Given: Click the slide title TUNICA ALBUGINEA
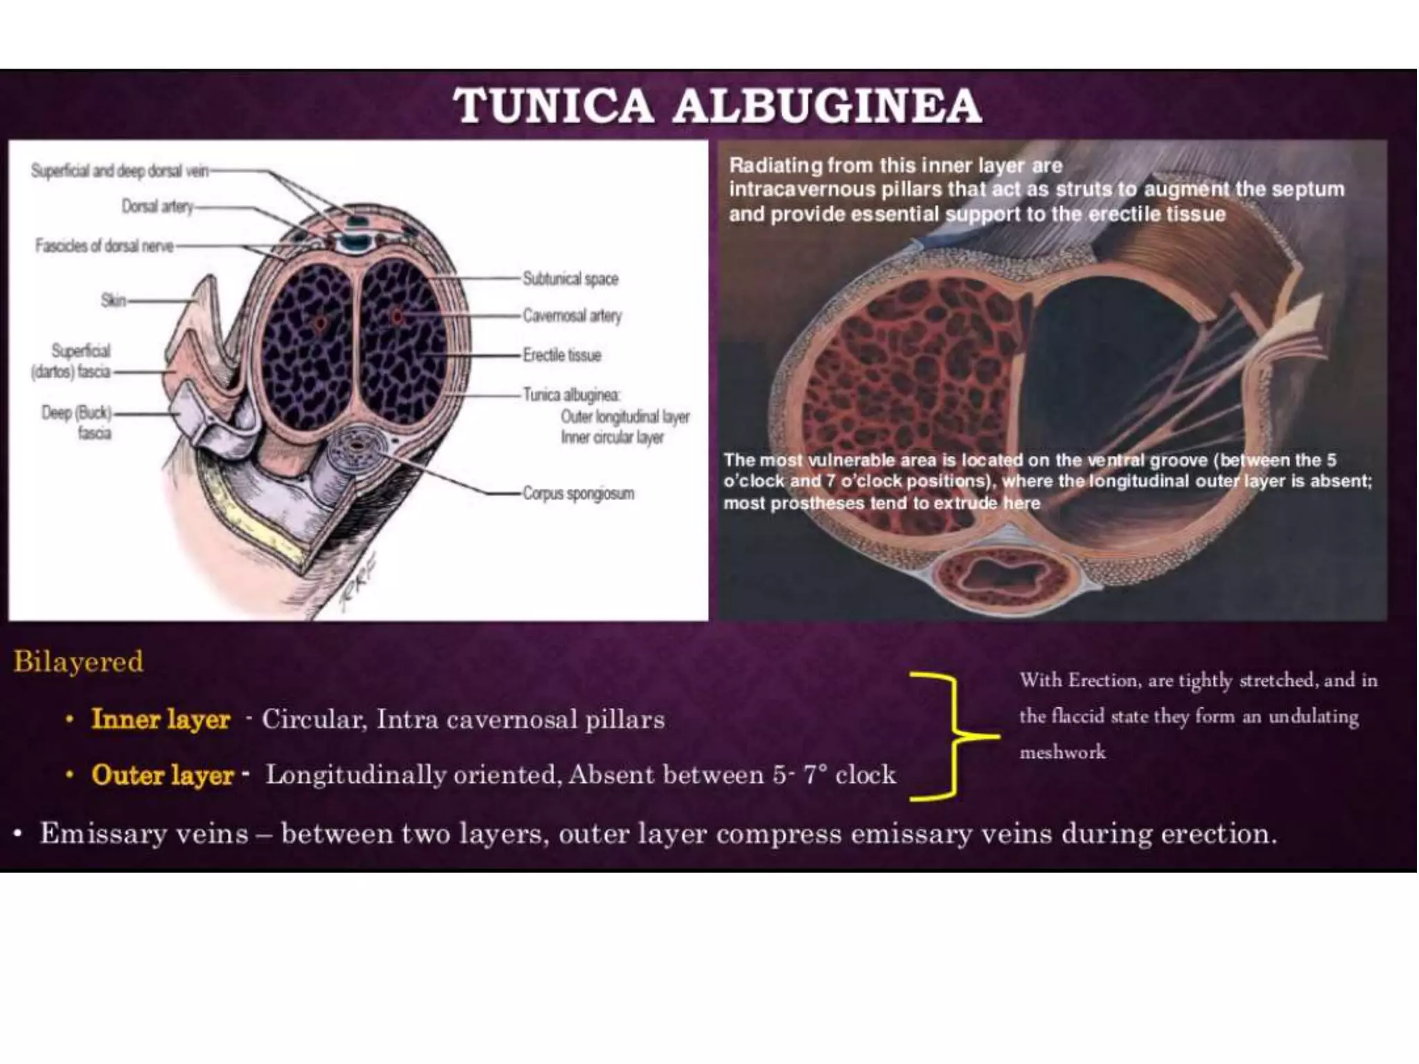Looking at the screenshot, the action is pyautogui.click(x=717, y=107).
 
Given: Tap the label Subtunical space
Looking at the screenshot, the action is pyautogui.click(x=570, y=279).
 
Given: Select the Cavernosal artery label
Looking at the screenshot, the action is pyautogui.click(x=572, y=316).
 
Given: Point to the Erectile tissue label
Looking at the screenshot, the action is pyautogui.click(x=562, y=355).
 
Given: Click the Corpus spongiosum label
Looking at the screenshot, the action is pyautogui.click(x=579, y=494).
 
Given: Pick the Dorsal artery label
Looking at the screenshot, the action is pyautogui.click(x=157, y=206).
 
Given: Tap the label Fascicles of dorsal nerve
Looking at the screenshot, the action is pyautogui.click(x=104, y=246).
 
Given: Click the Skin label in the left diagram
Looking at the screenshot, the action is pyautogui.click(x=114, y=301).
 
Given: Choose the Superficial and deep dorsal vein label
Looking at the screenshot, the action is pyautogui.click(x=119, y=171).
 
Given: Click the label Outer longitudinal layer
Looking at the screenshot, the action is pyautogui.click(x=625, y=417).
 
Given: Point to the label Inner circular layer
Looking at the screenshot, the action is pyautogui.click(x=612, y=438).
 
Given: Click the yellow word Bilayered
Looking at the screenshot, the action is pyautogui.click(x=78, y=662).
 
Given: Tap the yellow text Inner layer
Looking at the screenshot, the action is pyautogui.click(x=161, y=719).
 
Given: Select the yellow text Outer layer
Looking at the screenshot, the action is pyautogui.click(x=163, y=774).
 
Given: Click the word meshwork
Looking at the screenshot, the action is pyautogui.click(x=1062, y=752).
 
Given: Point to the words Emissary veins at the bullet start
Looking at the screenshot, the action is pyautogui.click(x=144, y=833).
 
